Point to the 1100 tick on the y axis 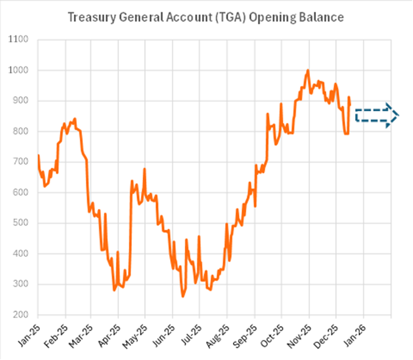pos(19,40)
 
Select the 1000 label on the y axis pos(19,71)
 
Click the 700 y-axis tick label pos(21,162)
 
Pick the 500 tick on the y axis pos(21,223)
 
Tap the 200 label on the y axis pos(21,315)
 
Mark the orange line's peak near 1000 pos(308,70)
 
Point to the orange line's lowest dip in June pos(182,297)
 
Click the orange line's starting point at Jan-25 pos(38,156)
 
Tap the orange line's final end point pos(350,101)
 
